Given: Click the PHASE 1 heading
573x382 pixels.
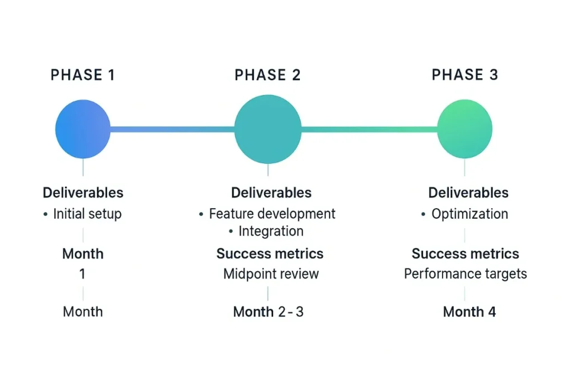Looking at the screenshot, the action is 83,75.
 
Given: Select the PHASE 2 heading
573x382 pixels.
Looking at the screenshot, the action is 267,75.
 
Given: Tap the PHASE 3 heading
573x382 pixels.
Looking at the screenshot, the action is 465,74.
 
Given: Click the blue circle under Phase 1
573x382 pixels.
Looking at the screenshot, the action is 83,129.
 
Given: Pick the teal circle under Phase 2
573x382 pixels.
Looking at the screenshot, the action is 268,129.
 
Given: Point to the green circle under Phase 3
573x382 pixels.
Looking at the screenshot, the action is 465,129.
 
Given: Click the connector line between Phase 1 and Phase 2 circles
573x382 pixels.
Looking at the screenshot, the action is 172,129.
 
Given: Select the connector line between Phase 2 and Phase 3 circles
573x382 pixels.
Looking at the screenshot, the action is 369,129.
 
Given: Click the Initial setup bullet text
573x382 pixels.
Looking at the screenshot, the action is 87,214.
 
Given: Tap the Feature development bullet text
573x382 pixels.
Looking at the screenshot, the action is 273,214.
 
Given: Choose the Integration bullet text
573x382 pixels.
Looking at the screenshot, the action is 271,231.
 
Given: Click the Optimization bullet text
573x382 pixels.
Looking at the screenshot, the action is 470,214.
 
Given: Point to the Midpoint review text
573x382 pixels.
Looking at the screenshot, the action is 271,273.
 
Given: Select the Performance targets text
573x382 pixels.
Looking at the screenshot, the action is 466,273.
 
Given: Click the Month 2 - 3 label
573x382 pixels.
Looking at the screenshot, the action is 268,312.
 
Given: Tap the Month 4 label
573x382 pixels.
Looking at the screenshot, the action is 469,312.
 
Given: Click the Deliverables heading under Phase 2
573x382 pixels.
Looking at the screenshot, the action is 271,192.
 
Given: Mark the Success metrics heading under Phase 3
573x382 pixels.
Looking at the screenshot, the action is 466,253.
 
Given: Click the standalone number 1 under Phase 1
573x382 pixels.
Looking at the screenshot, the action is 83,273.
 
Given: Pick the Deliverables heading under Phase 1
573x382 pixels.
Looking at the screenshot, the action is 83,192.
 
